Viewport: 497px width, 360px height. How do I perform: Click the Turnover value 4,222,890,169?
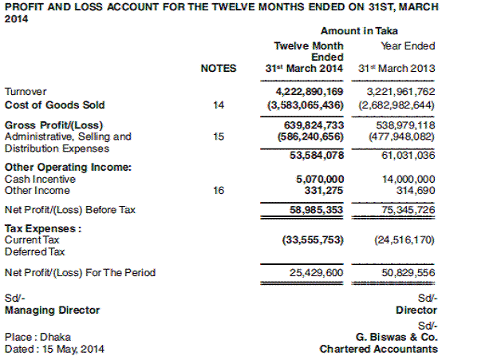tap(309, 92)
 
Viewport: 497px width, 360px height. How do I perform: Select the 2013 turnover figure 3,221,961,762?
tap(397, 92)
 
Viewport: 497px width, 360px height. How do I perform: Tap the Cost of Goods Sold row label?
tap(55, 105)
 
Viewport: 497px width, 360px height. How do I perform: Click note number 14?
tap(219, 105)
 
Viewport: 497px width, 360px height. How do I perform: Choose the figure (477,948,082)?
tap(396, 136)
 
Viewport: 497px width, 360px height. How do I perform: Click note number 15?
tap(219, 136)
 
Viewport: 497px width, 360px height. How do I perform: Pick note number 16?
tap(219, 190)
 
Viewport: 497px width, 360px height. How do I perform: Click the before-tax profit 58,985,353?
tap(314, 210)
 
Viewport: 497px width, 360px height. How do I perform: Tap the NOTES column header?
tap(219, 69)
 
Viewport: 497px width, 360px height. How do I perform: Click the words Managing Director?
tap(52, 309)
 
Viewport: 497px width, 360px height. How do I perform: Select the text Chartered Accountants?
tap(378, 349)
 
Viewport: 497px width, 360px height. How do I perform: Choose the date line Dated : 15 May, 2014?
tap(54, 349)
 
